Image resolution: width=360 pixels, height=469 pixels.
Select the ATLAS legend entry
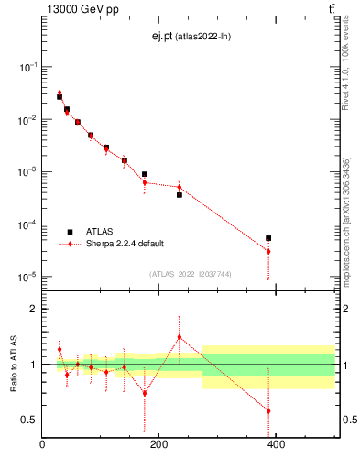(x=101, y=232)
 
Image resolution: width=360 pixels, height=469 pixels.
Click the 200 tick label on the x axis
(x=158, y=445)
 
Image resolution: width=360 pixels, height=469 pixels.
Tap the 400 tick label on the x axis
(x=276, y=445)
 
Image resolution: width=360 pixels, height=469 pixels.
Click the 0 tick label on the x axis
(x=42, y=445)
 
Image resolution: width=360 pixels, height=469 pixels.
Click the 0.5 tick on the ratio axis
(x=29, y=420)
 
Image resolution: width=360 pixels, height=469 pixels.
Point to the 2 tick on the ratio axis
(x=34, y=309)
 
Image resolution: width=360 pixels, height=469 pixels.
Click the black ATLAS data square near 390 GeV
(x=268, y=238)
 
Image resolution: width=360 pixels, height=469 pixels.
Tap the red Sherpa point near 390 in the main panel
(x=268, y=251)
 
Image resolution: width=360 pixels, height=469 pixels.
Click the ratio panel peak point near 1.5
(x=180, y=337)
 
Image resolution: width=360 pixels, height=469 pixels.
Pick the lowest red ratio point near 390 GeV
(x=268, y=410)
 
